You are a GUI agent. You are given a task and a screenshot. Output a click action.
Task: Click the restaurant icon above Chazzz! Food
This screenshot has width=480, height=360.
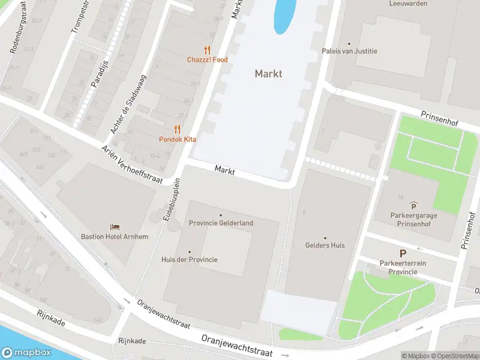(207, 50)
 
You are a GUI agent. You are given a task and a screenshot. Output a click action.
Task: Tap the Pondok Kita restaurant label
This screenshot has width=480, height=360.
(178, 139)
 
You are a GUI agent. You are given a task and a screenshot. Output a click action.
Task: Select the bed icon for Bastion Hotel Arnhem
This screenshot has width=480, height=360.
(115, 227)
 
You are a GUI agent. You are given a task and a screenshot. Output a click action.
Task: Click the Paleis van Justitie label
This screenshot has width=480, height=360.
(350, 51)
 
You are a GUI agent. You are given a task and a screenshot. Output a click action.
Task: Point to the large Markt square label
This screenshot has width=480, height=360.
(268, 74)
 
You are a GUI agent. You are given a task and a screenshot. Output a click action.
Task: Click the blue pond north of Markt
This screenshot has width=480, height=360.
(284, 15)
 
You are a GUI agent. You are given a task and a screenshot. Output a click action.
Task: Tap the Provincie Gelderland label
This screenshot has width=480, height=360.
(221, 223)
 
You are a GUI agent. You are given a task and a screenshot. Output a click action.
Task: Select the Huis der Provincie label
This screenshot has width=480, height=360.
(189, 259)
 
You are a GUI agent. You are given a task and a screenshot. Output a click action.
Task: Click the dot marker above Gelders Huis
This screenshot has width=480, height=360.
(325, 238)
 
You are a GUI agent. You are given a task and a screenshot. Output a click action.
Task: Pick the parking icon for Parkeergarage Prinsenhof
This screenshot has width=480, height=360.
(413, 206)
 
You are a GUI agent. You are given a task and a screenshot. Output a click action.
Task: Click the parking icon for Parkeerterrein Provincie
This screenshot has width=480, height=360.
(403, 254)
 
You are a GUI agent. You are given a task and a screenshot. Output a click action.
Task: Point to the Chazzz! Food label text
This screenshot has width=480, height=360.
(207, 60)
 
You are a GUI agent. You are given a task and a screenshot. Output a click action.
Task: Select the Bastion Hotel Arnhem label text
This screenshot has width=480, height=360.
(115, 236)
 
